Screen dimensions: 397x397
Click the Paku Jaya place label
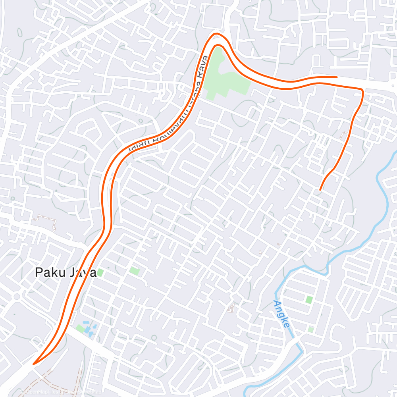coord(66,272)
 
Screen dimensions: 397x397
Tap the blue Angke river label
coord(281,314)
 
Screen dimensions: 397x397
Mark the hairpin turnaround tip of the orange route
coord(34,363)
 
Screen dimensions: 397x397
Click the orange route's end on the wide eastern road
coord(337,77)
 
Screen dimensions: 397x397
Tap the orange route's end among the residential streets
coord(320,189)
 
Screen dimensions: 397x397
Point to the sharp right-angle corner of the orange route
coord(362,91)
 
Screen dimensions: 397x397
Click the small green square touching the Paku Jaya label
coord(100,273)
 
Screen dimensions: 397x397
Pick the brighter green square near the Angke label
coord(309,300)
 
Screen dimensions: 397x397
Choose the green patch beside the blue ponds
coord(81,329)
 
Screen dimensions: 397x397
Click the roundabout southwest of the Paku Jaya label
coord(17,297)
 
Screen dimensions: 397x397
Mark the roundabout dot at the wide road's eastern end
coord(392,85)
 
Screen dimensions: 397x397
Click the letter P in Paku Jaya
coord(39,272)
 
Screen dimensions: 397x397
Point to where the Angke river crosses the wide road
coord(296,341)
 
